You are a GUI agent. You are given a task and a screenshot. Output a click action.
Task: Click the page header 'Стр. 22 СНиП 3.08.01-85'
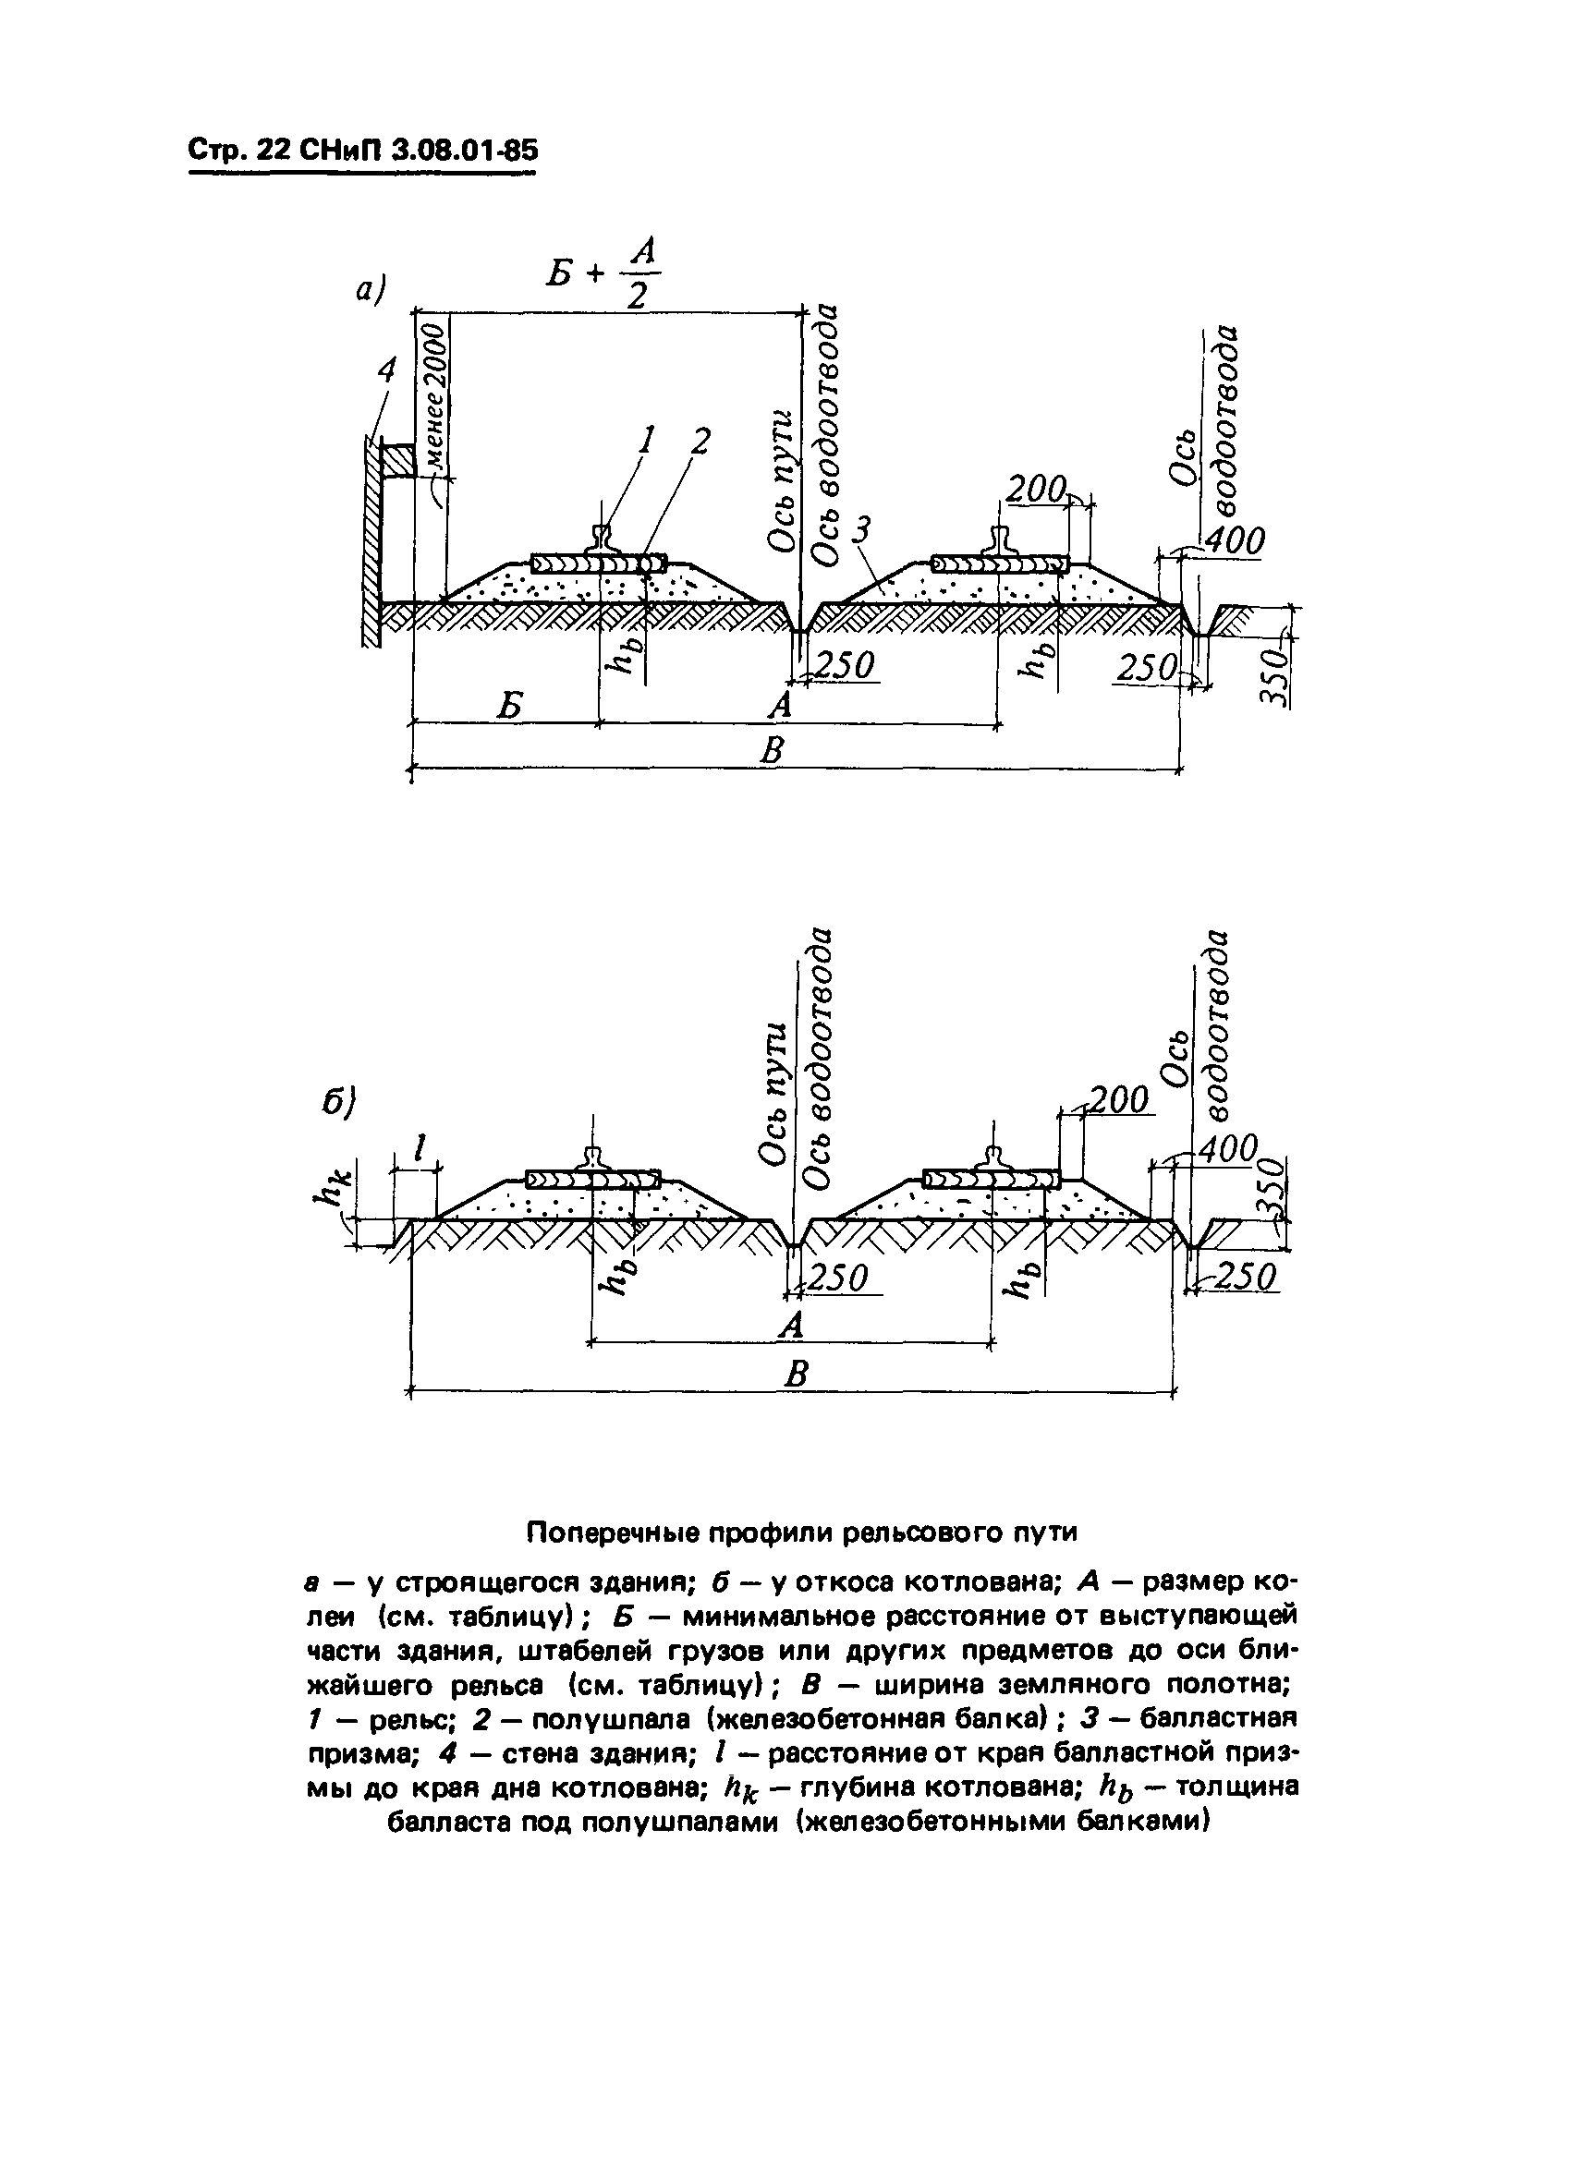362,151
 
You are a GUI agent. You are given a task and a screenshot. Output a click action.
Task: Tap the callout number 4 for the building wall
386,370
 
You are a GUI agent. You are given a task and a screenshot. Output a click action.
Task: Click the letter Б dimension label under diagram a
510,707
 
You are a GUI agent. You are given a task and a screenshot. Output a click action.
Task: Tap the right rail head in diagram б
992,1157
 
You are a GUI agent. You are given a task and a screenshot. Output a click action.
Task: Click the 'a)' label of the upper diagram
371,288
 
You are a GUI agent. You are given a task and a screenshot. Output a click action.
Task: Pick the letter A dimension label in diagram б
790,1327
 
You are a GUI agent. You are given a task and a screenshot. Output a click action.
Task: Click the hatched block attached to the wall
397,461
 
